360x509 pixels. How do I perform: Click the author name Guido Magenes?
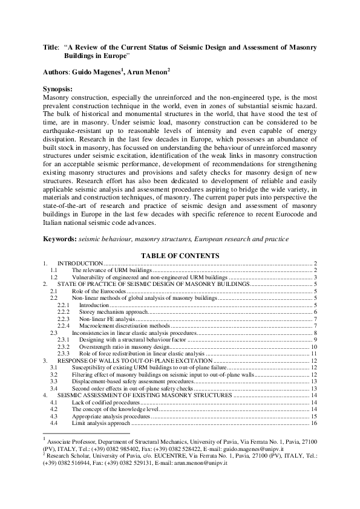click(x=102, y=71)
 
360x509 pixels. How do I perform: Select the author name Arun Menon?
click(x=149, y=71)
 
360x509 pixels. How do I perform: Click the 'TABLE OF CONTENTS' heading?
click(x=180, y=256)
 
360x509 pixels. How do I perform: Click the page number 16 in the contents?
click(x=314, y=423)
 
